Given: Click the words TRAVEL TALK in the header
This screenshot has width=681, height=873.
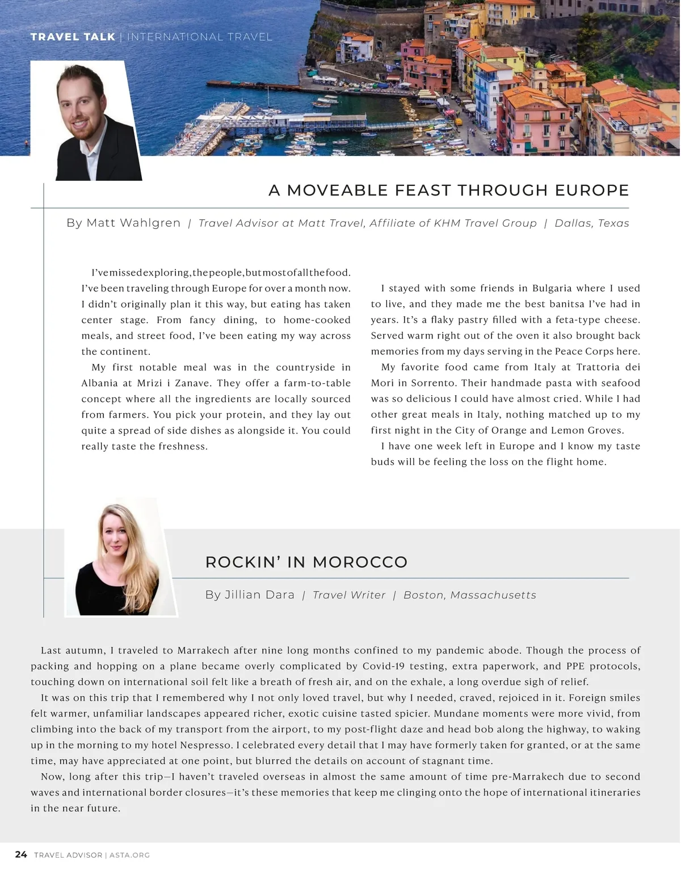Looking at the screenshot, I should point(73,37).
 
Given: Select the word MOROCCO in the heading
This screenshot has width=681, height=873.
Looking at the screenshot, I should point(360,562).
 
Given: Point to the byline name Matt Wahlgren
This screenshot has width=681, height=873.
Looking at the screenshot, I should point(133,223).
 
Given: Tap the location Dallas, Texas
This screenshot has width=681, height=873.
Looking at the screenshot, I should point(591,223).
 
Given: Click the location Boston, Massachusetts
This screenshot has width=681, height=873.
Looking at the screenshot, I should point(469,595).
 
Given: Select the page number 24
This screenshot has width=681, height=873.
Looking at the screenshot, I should point(21,854).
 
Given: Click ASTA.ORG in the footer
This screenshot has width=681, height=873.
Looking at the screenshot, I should point(129,855).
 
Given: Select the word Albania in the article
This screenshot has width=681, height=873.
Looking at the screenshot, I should point(99,383).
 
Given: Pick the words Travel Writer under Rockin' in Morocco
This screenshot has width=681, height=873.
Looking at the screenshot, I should point(349,595).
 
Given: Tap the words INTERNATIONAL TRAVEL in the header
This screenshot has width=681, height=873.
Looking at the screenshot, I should point(200,37).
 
